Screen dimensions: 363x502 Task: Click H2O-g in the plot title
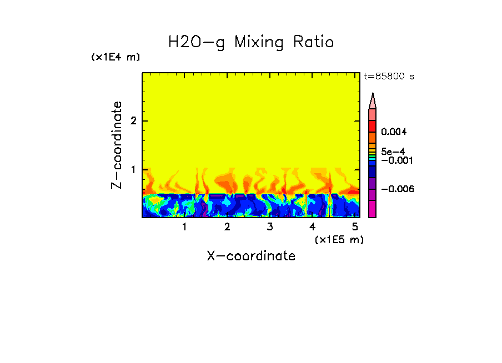click(x=197, y=42)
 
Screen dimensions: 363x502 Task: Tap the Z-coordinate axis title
click(x=117, y=145)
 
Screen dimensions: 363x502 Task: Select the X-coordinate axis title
click(x=251, y=256)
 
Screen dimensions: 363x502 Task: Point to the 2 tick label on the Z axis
click(x=133, y=121)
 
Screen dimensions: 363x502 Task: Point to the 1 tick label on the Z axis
click(x=133, y=169)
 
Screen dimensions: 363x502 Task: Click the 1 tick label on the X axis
click(x=185, y=226)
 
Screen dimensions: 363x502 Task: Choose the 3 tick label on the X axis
click(x=270, y=226)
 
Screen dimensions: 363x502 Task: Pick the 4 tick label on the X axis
click(x=312, y=226)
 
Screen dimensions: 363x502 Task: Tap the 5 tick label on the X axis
click(x=355, y=226)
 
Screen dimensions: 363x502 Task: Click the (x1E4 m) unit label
click(x=116, y=57)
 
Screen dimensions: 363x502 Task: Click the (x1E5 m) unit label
click(x=339, y=239)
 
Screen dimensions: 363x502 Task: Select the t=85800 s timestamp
click(x=389, y=77)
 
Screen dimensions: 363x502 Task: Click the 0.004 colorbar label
click(x=395, y=132)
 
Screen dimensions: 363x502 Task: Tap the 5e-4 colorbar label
click(x=393, y=151)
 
